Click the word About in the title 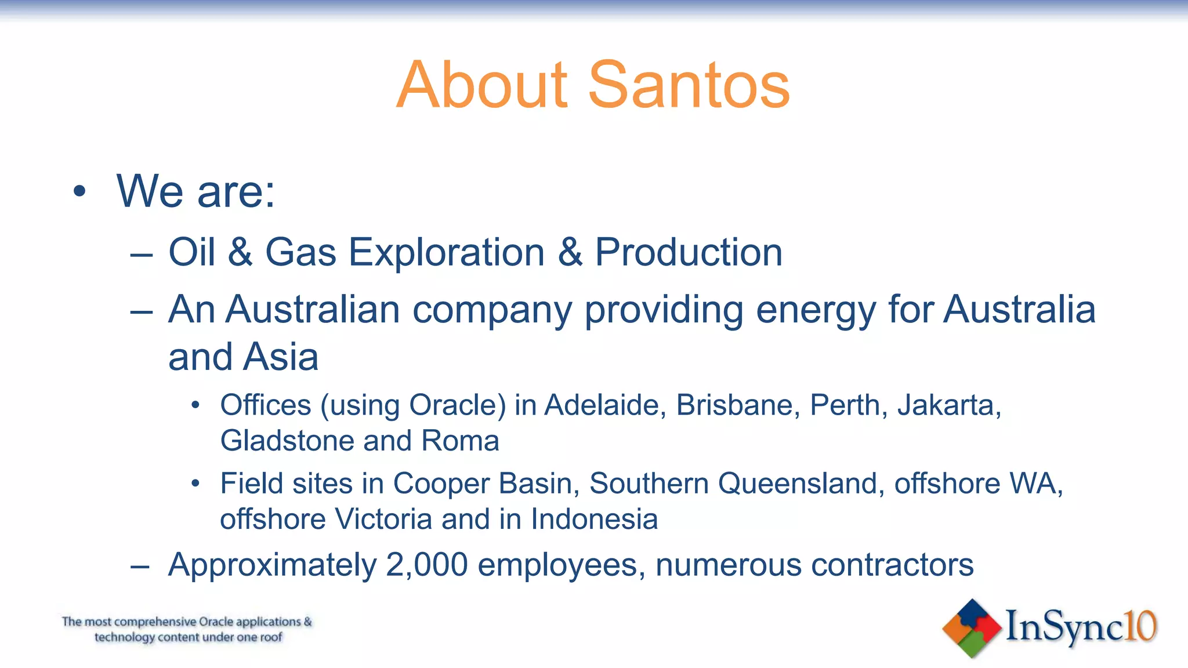click(483, 86)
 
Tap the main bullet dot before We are click(79, 191)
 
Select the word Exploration click(446, 253)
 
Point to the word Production click(689, 253)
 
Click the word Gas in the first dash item click(300, 253)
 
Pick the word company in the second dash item click(492, 310)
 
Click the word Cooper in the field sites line click(441, 484)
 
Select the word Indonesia click(594, 519)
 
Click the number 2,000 click(426, 565)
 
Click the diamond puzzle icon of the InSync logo click(972, 628)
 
